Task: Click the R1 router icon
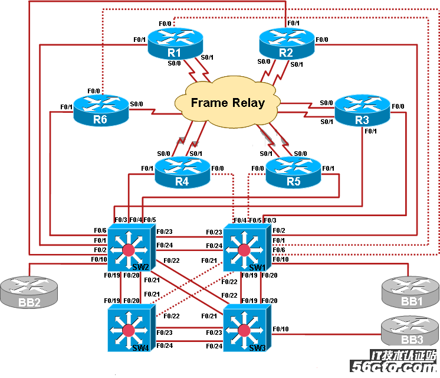tap(175, 44)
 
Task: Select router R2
tap(286, 44)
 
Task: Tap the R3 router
tap(362, 111)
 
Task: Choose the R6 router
tap(100, 111)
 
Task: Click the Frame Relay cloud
tap(227, 102)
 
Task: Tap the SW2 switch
tap(129, 248)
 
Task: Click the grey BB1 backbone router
tap(407, 292)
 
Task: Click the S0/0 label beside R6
tap(136, 104)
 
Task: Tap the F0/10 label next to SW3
tap(281, 328)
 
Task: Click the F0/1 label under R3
tap(370, 132)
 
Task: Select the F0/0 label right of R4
tap(217, 168)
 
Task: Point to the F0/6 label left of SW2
tap(100, 230)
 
